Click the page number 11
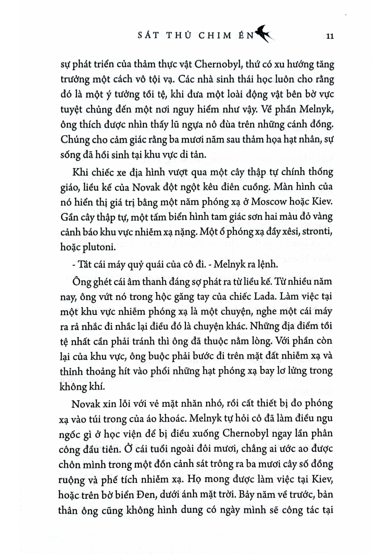(x=330, y=36)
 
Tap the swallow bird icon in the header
(x=265, y=34)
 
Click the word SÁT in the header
(x=147, y=35)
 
